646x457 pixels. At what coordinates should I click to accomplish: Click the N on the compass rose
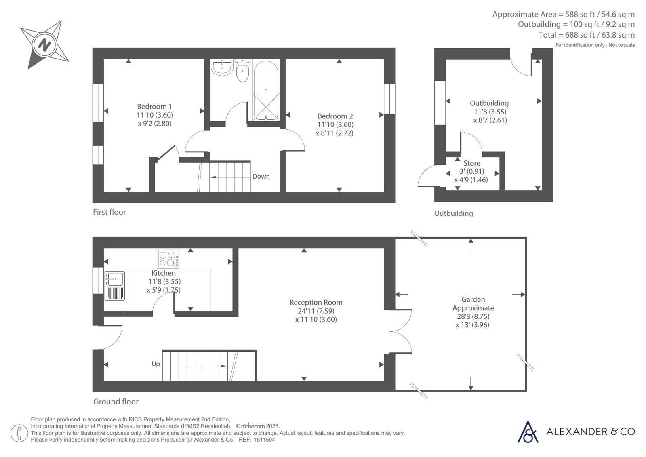click(x=44, y=45)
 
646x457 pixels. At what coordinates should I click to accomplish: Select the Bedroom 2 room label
click(x=335, y=116)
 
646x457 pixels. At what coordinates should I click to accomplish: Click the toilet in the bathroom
click(x=242, y=70)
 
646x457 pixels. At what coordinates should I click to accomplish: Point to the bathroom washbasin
click(x=222, y=67)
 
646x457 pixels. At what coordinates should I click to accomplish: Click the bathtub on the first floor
click(x=265, y=90)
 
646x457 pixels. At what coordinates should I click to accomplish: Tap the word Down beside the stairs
click(x=261, y=176)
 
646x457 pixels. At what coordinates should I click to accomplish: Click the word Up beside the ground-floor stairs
click(x=156, y=364)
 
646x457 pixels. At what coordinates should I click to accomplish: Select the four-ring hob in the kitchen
click(x=168, y=259)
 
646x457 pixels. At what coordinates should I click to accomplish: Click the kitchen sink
click(x=115, y=286)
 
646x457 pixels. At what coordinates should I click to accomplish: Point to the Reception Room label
click(x=316, y=302)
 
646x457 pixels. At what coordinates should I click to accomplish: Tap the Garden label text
click(x=473, y=299)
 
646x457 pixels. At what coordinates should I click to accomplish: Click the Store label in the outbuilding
click(x=472, y=163)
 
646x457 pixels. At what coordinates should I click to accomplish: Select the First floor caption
click(x=109, y=212)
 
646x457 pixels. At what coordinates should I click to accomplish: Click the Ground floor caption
click(x=116, y=402)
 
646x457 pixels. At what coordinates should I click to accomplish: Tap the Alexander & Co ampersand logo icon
click(x=528, y=432)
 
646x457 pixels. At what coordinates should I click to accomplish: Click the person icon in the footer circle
click(x=19, y=433)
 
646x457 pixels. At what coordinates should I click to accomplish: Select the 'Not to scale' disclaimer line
click(x=595, y=45)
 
